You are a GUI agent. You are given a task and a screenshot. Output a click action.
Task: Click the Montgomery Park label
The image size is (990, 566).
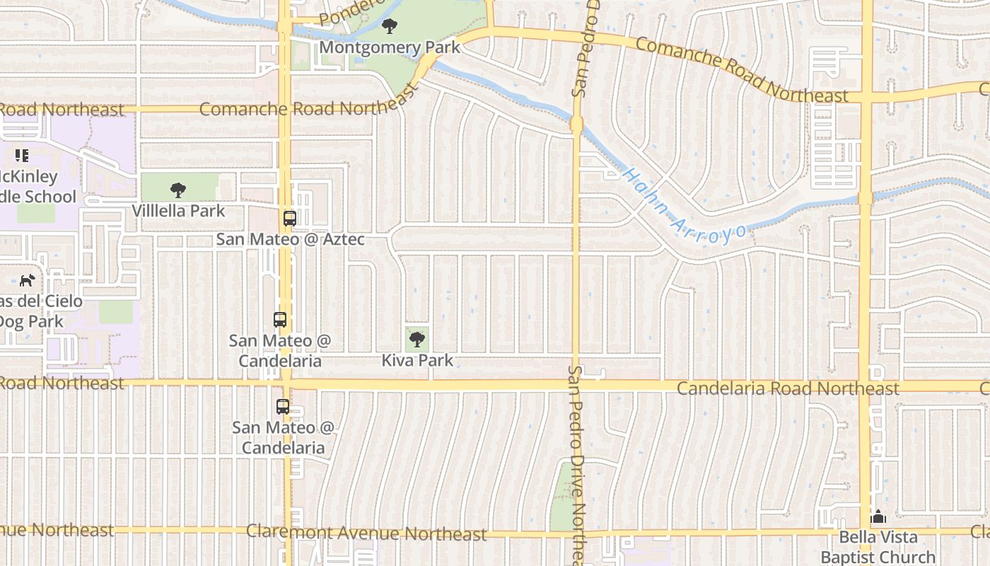tap(390, 47)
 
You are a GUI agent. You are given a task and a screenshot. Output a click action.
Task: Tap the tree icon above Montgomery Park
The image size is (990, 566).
tap(389, 28)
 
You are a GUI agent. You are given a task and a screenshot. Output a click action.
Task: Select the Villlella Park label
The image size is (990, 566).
tap(178, 211)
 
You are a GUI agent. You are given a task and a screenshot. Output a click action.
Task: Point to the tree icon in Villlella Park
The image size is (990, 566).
tap(178, 190)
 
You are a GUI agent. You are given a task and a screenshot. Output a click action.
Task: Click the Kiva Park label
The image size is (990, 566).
tap(417, 360)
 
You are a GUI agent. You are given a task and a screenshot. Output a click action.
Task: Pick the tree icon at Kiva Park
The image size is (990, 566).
tap(417, 340)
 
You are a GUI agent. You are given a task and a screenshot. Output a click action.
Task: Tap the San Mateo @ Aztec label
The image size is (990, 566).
tap(291, 239)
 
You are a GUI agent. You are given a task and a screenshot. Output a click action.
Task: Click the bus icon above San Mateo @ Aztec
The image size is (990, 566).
tap(289, 218)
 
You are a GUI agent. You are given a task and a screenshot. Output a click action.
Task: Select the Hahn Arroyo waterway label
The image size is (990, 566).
tap(685, 206)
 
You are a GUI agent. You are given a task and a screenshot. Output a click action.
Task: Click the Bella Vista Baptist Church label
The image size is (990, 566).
tap(878, 547)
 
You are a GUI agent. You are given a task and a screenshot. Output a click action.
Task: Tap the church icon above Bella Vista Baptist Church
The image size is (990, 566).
tap(878, 517)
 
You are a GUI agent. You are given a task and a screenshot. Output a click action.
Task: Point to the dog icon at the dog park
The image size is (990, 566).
tap(27, 280)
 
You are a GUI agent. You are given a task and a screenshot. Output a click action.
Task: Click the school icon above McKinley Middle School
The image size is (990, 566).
tap(22, 155)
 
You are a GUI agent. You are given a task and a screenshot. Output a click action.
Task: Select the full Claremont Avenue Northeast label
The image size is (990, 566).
tap(366, 533)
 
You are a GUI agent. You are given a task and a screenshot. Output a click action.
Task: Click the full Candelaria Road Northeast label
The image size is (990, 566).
tap(788, 388)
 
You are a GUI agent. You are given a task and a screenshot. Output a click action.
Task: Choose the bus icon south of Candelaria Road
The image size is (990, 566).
tap(283, 407)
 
